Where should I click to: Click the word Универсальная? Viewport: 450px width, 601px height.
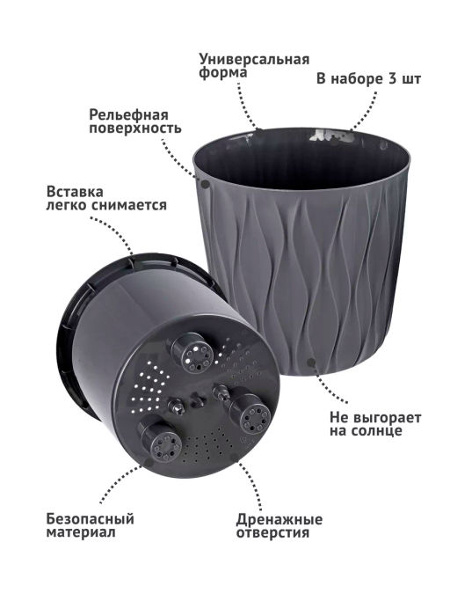click(x=254, y=60)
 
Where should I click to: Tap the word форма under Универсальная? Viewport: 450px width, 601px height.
click(x=223, y=73)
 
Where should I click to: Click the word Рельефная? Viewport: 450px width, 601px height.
click(x=128, y=115)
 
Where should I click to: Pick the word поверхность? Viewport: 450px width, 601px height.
click(x=135, y=128)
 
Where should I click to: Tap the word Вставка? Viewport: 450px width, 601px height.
click(x=75, y=191)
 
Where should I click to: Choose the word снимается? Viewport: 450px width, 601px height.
click(x=129, y=205)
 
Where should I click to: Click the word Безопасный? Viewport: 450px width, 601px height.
click(x=90, y=519)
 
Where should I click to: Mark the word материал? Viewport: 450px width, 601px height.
click(x=81, y=532)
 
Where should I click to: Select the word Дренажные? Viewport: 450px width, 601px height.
click(x=279, y=520)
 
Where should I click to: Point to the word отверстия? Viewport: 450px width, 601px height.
click(x=272, y=533)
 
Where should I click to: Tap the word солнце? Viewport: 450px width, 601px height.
click(x=375, y=431)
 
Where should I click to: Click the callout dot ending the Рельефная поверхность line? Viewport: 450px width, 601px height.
click(x=206, y=184)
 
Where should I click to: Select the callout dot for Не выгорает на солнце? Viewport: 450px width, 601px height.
click(x=311, y=362)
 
